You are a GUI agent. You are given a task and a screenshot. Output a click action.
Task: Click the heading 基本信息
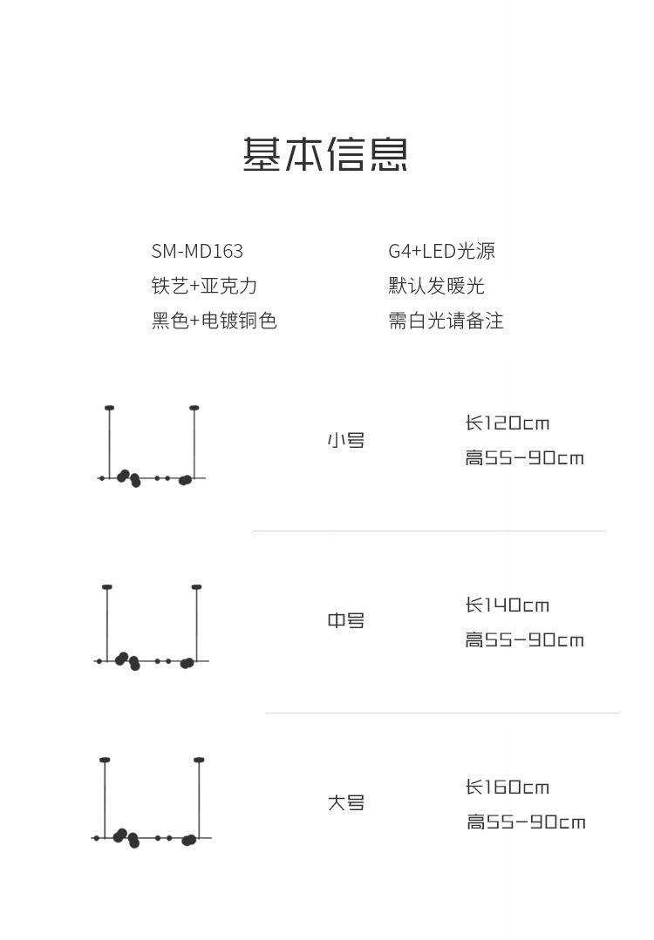point(325,154)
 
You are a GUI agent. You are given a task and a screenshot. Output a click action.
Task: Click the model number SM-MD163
point(197,251)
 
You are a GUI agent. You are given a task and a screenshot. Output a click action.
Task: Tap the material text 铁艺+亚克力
point(204,286)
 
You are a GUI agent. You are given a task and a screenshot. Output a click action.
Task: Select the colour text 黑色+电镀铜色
point(214,321)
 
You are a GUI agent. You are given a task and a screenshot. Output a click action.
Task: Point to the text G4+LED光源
point(441,251)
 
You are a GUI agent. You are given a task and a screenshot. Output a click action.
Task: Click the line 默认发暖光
point(436,286)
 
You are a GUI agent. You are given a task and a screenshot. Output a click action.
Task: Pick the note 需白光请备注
point(446,321)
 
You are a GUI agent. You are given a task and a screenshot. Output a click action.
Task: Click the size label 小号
point(345,441)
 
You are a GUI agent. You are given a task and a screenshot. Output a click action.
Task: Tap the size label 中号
point(345,621)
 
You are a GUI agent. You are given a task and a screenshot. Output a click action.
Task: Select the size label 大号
point(345,803)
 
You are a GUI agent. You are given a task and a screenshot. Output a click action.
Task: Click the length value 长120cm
point(508,423)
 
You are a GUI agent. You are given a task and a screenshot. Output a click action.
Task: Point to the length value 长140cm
point(508,605)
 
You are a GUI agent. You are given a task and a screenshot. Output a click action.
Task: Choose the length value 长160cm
point(508,788)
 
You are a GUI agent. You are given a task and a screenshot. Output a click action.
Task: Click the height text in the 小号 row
point(524,458)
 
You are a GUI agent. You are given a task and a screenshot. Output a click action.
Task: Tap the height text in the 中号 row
point(524,640)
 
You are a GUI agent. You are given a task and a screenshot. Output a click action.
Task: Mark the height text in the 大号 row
point(526,822)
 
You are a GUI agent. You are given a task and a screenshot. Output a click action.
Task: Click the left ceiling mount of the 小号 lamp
point(109,408)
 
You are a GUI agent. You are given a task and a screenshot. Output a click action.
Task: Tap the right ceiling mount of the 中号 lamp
point(197,587)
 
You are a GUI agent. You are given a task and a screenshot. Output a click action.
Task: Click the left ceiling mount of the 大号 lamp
point(105,761)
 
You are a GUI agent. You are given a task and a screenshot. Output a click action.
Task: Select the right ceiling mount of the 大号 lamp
point(199,761)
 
